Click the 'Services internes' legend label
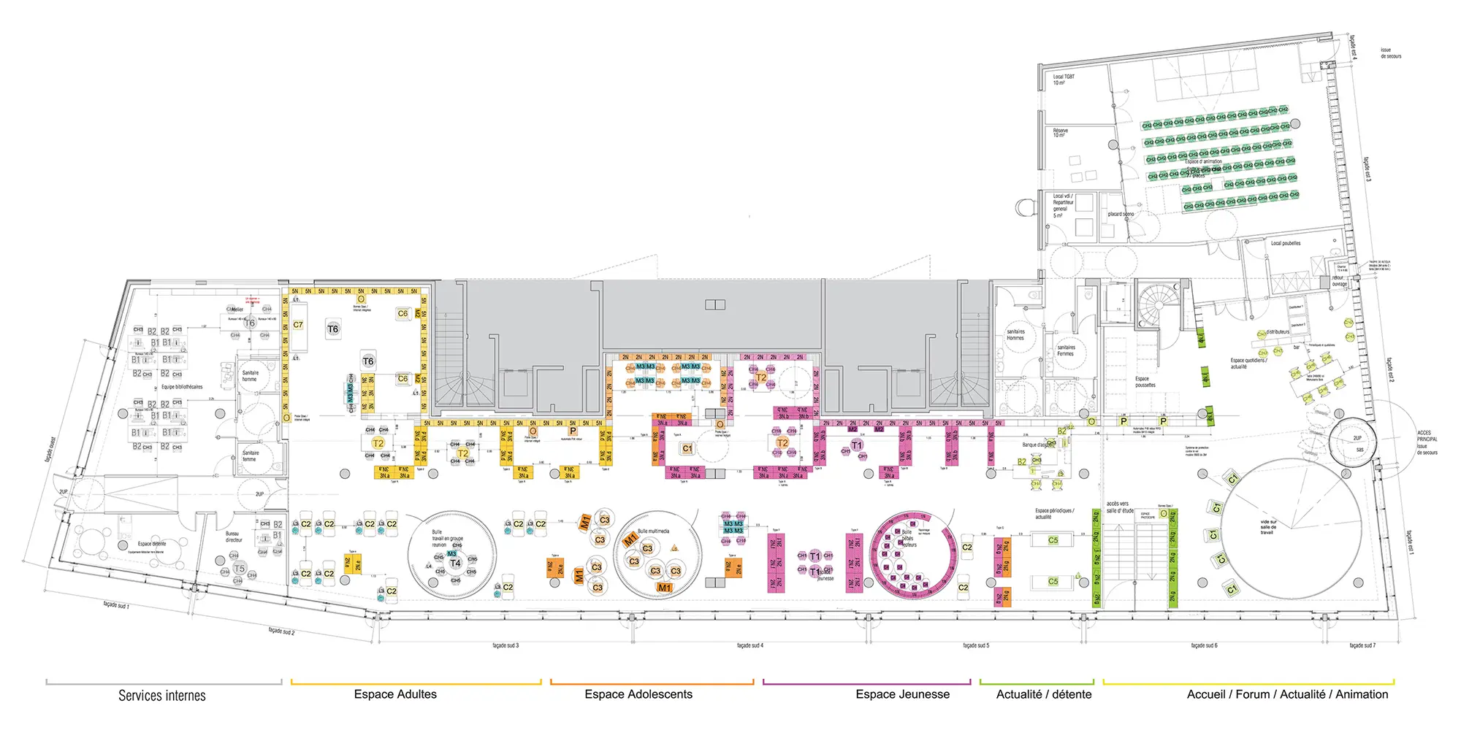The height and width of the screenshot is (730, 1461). pyautogui.click(x=162, y=696)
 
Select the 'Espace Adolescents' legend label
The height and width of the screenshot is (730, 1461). pyautogui.click(x=638, y=694)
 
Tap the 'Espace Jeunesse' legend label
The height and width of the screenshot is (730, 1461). pyautogui.click(x=902, y=694)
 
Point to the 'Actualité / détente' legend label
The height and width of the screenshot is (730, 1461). pyautogui.click(x=1043, y=694)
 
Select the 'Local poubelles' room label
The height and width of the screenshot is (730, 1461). pyautogui.click(x=1285, y=243)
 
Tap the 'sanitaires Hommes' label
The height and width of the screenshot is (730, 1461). pyautogui.click(x=1015, y=334)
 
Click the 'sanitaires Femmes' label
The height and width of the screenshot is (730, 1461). pyautogui.click(x=1066, y=350)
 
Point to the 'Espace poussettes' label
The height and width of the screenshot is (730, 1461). pyautogui.click(x=1145, y=382)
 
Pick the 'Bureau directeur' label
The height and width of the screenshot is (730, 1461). pyautogui.click(x=234, y=537)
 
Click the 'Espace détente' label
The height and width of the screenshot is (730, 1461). pyautogui.click(x=152, y=544)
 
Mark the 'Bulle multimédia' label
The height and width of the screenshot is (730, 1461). pyautogui.click(x=653, y=531)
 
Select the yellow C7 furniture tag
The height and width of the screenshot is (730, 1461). pyautogui.click(x=298, y=325)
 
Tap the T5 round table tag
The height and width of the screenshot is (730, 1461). pyautogui.click(x=239, y=569)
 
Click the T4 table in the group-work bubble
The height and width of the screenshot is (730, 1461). pyautogui.click(x=455, y=563)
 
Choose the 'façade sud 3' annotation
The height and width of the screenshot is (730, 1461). pyautogui.click(x=506, y=645)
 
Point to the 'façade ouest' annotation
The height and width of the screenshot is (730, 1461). pyautogui.click(x=50, y=451)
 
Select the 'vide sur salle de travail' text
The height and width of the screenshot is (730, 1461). pyautogui.click(x=1268, y=527)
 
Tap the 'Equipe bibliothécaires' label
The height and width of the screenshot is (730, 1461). pyautogui.click(x=182, y=387)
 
